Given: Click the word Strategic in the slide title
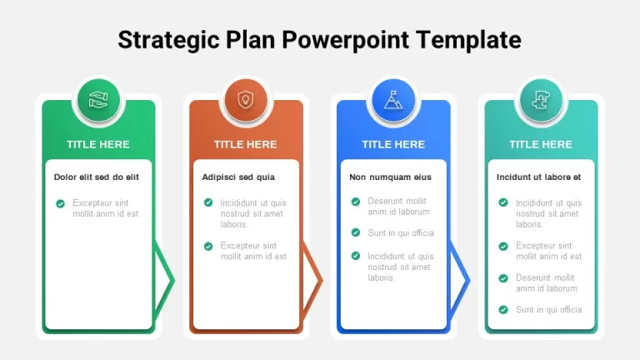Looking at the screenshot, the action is pos(168,40).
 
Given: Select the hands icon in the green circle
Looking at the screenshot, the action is pos(98,100).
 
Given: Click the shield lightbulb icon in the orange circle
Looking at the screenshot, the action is pos(246,100).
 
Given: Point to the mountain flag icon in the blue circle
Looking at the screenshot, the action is pos(393,100).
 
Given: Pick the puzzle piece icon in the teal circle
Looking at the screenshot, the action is pos(541,100).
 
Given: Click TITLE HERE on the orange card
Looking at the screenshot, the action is pos(246,144).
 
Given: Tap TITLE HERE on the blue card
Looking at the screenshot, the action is pos(393,144).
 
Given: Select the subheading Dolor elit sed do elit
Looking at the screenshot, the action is pos(97,177).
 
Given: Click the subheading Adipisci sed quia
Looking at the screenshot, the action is pos(238,177).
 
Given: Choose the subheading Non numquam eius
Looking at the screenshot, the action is pos(390,177).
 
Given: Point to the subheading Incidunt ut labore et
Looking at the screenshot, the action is pos(539,177).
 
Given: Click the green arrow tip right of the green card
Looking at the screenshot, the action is pos(175,280).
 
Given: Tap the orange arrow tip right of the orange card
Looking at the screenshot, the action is pos(322,280).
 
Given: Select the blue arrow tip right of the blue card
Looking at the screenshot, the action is pos(470,280).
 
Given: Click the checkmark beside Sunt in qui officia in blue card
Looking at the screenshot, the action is pos(356,232).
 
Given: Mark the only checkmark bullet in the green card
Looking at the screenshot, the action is pos(60,203).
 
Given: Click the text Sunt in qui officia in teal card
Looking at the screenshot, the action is pos(549,310).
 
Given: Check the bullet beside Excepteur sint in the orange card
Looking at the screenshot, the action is pos(208,246).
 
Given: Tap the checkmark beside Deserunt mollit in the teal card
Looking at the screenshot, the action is pos(503,278).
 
